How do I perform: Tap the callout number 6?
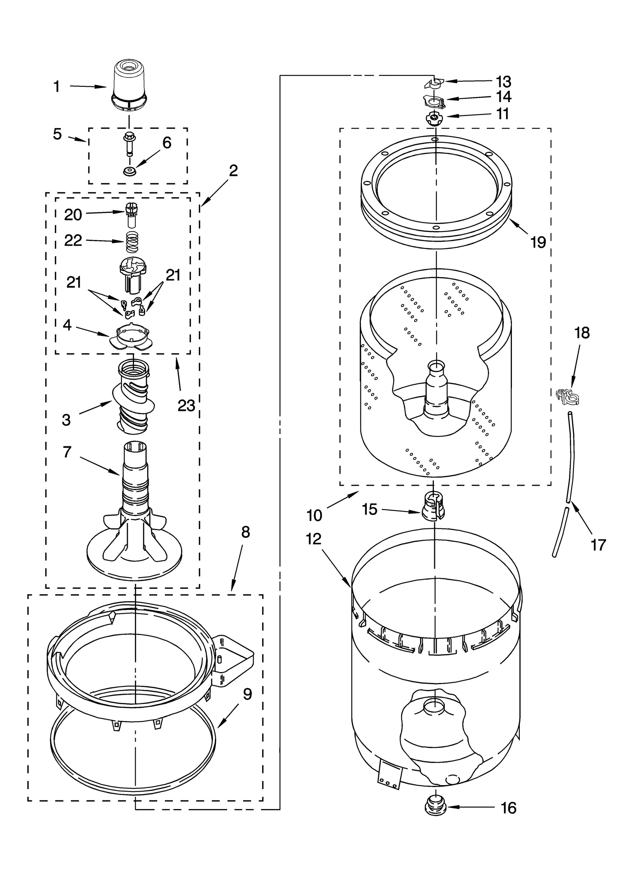tap(167, 143)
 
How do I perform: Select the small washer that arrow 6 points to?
tap(129, 171)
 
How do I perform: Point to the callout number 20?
tap(73, 215)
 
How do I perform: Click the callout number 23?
tap(186, 405)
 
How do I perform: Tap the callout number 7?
tap(67, 452)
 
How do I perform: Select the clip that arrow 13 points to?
tap(434, 83)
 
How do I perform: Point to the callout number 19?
tap(538, 242)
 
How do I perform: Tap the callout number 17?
tap(598, 545)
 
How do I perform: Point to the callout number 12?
tap(314, 539)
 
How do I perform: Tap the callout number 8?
tap(245, 533)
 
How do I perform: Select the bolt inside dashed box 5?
tap(129, 145)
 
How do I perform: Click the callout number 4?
tap(67, 325)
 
